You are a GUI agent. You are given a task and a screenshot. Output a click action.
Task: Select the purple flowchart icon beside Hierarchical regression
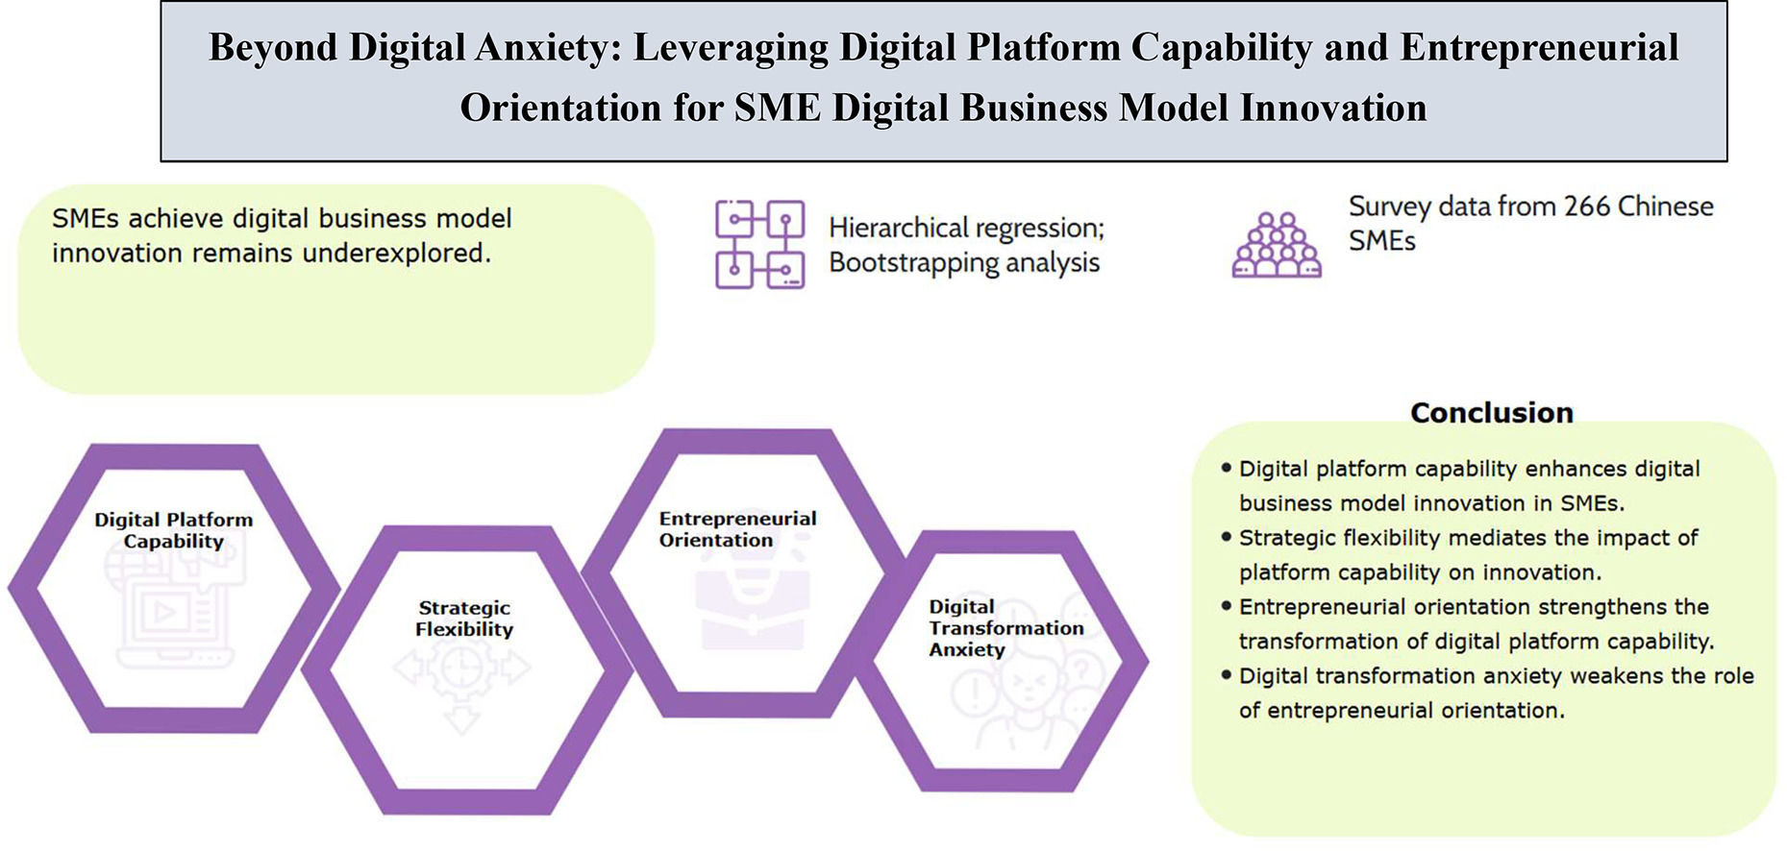point(759,245)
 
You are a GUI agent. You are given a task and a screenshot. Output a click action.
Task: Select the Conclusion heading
point(1491,413)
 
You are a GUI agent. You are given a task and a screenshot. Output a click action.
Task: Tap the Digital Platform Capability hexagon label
point(174,530)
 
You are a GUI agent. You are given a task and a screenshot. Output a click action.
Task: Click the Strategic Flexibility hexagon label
point(464,619)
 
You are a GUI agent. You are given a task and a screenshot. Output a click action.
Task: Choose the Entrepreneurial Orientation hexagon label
point(737,529)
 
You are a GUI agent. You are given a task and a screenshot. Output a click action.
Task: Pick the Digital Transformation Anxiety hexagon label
point(1005,628)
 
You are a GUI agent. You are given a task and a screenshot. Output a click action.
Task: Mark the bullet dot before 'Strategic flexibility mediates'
point(1226,537)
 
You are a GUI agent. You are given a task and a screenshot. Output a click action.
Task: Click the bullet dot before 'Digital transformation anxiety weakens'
point(1226,675)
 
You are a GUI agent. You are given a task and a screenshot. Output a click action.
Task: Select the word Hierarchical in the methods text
point(898,229)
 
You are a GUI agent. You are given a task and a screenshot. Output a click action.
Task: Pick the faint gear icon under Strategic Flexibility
point(461,669)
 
